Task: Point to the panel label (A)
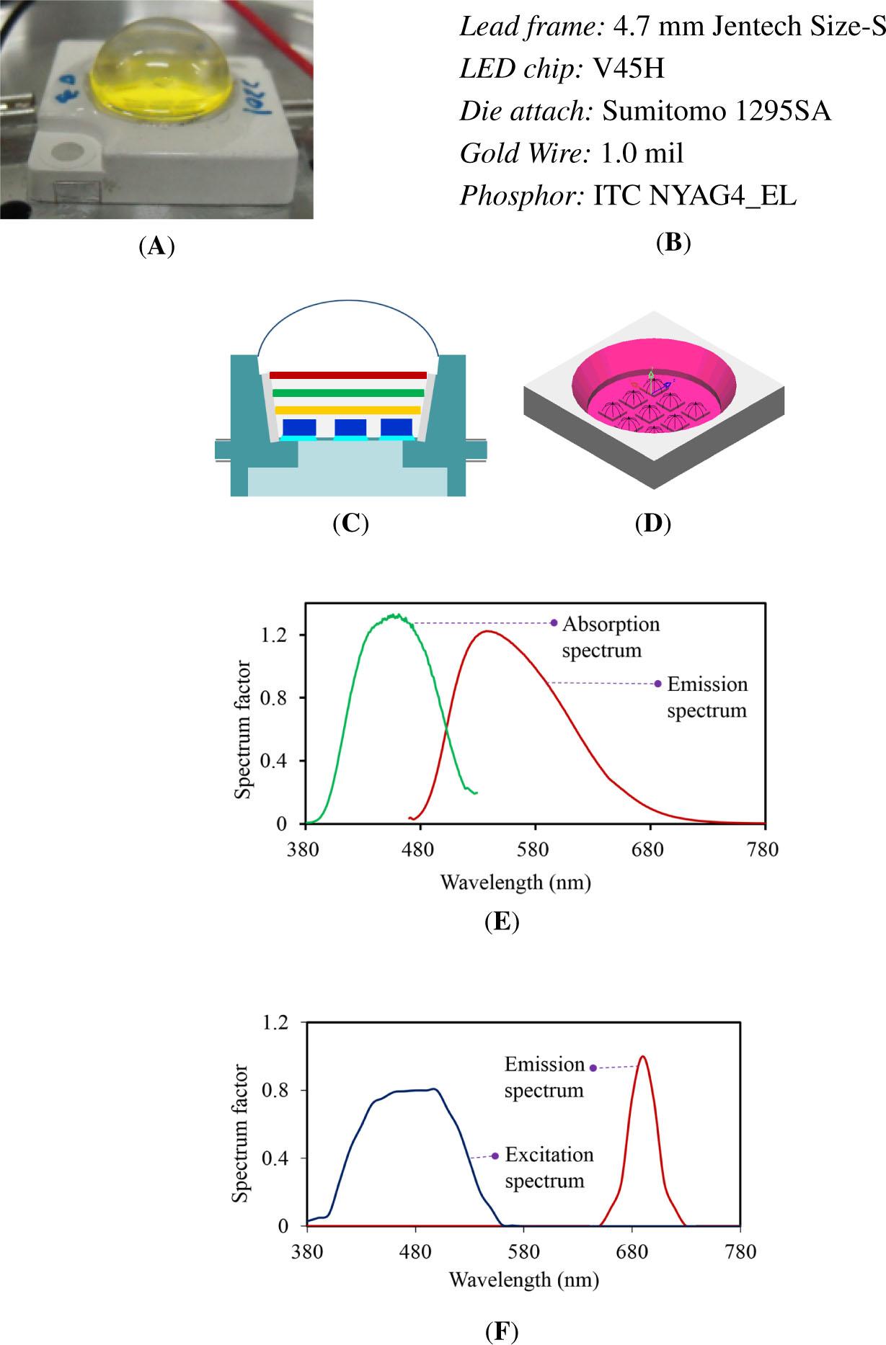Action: point(156,247)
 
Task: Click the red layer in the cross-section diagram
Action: point(348,375)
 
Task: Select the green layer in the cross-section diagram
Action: point(348,393)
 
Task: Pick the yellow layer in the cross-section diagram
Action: point(347,410)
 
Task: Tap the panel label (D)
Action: point(652,523)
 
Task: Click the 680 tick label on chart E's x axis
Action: point(648,850)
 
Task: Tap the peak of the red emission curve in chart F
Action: point(642,1057)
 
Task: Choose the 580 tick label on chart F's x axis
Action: point(523,1251)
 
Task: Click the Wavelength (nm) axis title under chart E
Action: point(515,882)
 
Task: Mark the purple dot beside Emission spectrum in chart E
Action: point(657,684)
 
